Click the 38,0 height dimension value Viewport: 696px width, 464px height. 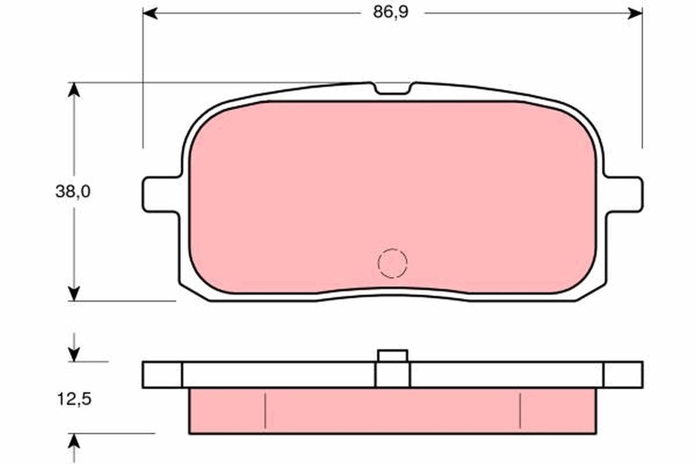click(73, 192)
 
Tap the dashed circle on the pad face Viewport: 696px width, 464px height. click(393, 263)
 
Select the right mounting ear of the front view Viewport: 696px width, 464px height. click(624, 194)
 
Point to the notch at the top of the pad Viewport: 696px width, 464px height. click(393, 88)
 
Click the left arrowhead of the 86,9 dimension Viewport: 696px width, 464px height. click(150, 13)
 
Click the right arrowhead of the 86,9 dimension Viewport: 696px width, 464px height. click(635, 13)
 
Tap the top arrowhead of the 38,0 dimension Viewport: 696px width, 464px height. click(73, 90)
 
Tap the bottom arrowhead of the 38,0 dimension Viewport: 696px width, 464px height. click(73, 293)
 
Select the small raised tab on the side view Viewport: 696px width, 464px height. click(393, 355)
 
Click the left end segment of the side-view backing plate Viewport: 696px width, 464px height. click(162, 375)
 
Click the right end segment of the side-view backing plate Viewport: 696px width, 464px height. click(623, 375)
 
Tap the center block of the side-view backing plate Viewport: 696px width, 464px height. click(393, 375)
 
